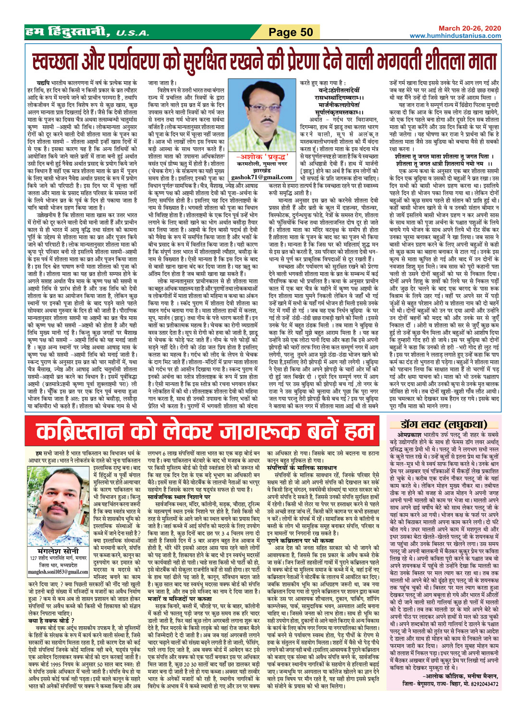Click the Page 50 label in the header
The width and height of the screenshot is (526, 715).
(x=291, y=32)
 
